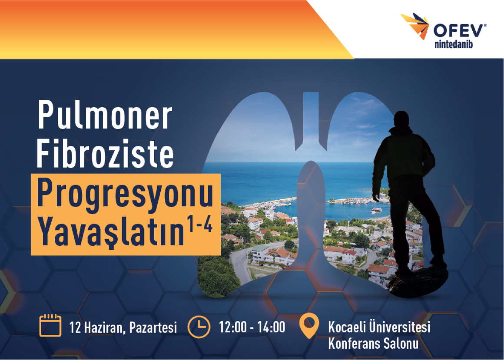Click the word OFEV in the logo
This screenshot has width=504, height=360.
click(459, 31)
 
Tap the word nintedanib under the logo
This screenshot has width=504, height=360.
click(454, 44)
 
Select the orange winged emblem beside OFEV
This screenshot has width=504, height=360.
click(415, 26)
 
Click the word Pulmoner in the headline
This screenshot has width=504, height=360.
click(105, 115)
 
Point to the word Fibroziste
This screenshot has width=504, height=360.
click(105, 152)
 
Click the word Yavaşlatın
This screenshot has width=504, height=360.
click(111, 231)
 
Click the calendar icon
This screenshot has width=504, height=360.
click(50, 325)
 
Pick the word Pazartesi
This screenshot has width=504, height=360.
click(153, 327)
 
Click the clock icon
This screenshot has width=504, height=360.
click(199, 327)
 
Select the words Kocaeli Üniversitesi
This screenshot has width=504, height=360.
click(379, 327)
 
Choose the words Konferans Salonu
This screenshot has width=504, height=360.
click(373, 343)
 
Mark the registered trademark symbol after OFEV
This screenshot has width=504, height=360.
click(485, 25)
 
